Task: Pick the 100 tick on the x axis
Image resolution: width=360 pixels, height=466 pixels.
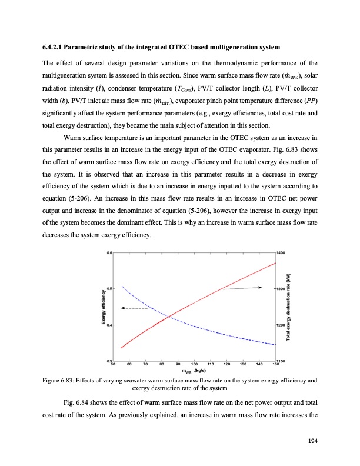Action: pos(194,365)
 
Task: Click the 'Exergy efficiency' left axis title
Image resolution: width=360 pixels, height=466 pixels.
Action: pos(103,307)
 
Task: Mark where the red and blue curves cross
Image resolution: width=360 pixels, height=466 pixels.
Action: pos(169,317)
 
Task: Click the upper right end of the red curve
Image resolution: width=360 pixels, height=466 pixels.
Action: pos(275,263)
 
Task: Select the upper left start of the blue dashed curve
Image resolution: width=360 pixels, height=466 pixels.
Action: pos(122,287)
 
